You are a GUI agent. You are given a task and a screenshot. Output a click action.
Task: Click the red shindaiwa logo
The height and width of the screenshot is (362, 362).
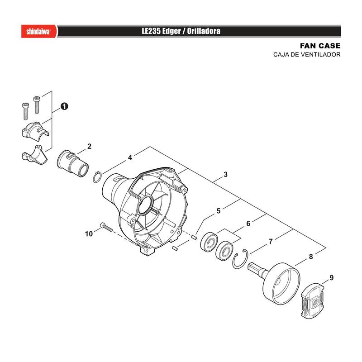pyautogui.click(x=39, y=31)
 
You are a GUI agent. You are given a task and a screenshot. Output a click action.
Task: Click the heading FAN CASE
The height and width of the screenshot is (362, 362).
pyautogui.click(x=320, y=46)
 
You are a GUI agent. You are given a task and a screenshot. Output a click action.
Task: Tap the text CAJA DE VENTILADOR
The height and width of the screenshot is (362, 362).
pyautogui.click(x=307, y=55)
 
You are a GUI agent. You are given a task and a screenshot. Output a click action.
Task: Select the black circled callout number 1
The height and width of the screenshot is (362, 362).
pyautogui.click(x=64, y=106)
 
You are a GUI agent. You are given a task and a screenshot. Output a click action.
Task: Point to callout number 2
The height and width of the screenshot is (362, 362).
pyautogui.click(x=89, y=146)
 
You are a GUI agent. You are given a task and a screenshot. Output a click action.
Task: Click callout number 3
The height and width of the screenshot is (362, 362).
pyautogui.click(x=225, y=175)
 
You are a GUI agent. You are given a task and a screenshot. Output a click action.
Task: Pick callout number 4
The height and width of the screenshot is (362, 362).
pyautogui.click(x=130, y=157)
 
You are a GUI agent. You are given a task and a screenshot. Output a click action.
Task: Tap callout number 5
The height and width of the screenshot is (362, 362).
pyautogui.click(x=219, y=211)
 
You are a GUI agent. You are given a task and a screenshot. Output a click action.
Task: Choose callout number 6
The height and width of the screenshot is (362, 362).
pyautogui.click(x=248, y=224)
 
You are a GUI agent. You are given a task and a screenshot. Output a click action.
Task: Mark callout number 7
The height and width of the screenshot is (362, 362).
pyautogui.click(x=271, y=242)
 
